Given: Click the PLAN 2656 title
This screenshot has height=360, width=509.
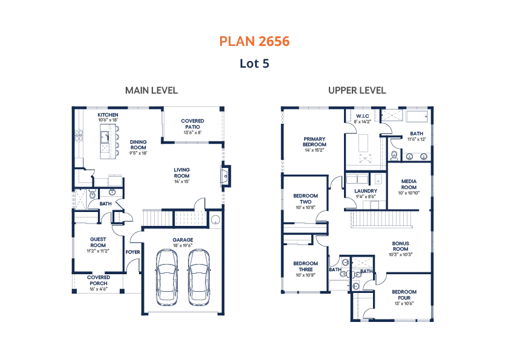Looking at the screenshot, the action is pos(254,42).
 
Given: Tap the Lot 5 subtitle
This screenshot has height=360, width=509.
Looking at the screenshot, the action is pos(254,63).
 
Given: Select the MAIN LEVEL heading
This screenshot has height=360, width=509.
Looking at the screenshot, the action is pos(151,91).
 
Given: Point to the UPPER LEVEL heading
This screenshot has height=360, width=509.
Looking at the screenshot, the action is pos(357,91).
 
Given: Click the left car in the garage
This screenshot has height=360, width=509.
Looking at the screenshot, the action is pos(167,277).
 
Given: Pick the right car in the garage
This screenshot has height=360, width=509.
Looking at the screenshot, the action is pos(199,277).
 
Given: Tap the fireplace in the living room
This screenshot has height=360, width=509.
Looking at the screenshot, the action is pos(225,176).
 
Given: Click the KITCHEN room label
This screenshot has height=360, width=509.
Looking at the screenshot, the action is pos(108,115).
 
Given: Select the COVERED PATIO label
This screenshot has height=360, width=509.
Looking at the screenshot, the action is pos(192,124).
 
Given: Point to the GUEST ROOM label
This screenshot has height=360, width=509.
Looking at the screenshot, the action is pos(98,242).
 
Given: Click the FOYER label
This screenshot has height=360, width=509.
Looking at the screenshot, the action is pos(133,252).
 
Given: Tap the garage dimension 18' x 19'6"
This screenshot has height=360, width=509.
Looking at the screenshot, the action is pos(183,245).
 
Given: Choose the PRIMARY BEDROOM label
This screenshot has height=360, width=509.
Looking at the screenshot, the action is pos(314,142).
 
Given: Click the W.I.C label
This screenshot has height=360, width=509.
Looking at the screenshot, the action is pos(362,116).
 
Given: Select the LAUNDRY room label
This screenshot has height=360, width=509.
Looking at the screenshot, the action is pos(366,191).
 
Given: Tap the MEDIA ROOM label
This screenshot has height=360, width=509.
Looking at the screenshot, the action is pos(409,184).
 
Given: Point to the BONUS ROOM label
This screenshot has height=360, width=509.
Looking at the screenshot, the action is pos(401,246).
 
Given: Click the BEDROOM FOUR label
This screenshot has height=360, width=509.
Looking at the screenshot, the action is pos(404,295).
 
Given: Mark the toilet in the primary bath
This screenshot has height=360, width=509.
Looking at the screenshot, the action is pos(394,156).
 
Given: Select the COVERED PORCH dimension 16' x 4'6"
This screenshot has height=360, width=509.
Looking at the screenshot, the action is pos(99,289).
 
